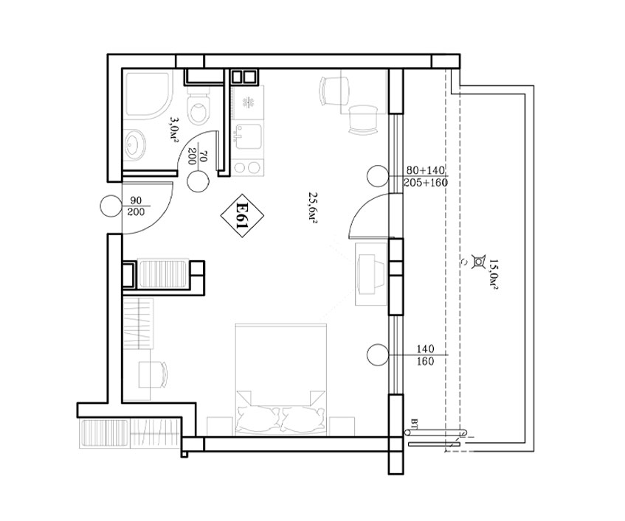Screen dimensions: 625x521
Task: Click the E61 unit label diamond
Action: pyautogui.click(x=242, y=217)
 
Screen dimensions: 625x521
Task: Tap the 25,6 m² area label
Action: pyautogui.click(x=312, y=207)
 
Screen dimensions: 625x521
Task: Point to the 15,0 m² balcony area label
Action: pyautogui.click(x=494, y=274)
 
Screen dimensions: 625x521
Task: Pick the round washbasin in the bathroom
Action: pyautogui.click(x=134, y=145)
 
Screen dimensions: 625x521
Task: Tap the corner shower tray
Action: pyautogui.click(x=148, y=95)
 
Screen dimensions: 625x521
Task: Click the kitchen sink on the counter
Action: pyautogui.click(x=249, y=136)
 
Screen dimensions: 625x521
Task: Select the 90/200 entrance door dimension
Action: pyautogui.click(x=136, y=206)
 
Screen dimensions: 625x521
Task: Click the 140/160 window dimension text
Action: pyautogui.click(x=426, y=355)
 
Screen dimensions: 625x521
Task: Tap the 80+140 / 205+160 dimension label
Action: pyautogui.click(x=425, y=176)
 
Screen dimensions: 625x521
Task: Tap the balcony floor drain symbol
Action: pyautogui.click(x=477, y=261)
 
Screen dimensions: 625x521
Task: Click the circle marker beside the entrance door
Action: pyautogui.click(x=111, y=206)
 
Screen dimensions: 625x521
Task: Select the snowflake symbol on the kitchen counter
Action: pyautogui.click(x=249, y=102)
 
